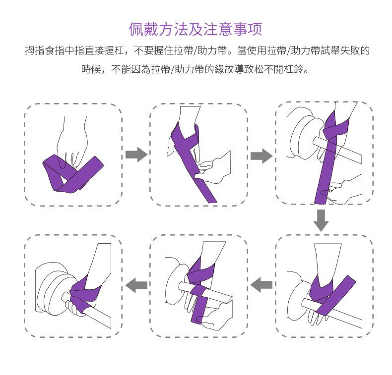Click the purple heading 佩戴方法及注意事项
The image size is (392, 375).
tap(196, 29)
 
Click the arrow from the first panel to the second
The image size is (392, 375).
tap(136, 155)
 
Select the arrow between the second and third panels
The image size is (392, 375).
tap(261, 156)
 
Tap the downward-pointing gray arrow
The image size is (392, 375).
tap(321, 220)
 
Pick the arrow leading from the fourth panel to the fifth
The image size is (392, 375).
tap(261, 285)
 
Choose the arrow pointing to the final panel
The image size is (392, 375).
tap(136, 285)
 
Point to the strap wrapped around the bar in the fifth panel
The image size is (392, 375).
tap(199, 304)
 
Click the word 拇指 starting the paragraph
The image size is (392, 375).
tap(35, 51)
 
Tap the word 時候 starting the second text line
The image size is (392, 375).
tap(91, 69)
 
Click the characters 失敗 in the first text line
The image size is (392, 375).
tap(350, 51)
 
